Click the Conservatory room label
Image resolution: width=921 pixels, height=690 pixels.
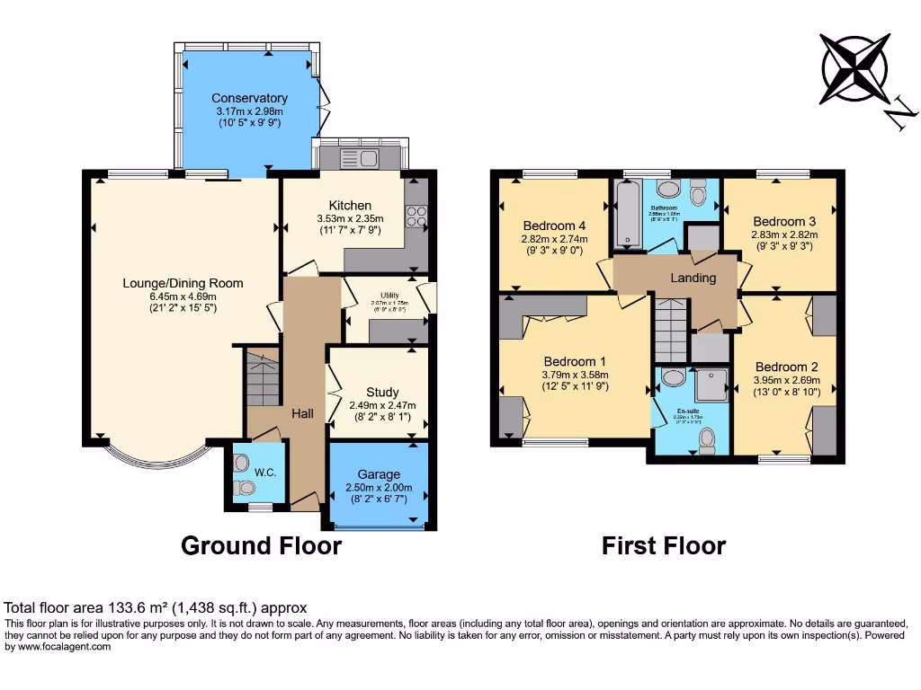tap(249, 98)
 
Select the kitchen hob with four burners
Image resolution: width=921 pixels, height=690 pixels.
tap(416, 216)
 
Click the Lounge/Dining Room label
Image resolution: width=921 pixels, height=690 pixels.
tap(183, 283)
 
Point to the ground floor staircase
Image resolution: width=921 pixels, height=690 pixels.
tap(263, 378)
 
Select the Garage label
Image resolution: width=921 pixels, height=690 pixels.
tap(379, 474)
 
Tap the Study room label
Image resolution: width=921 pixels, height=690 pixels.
tap(382, 392)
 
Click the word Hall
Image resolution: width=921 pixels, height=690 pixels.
tap(302, 413)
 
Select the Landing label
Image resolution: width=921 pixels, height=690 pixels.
tap(693, 278)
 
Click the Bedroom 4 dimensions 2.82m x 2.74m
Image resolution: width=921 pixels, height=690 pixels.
tap(555, 239)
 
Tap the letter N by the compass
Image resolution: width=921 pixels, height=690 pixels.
tap(902, 115)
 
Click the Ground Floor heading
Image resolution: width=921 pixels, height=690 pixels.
tap(262, 545)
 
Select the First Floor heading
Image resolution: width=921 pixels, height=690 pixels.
tap(664, 545)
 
